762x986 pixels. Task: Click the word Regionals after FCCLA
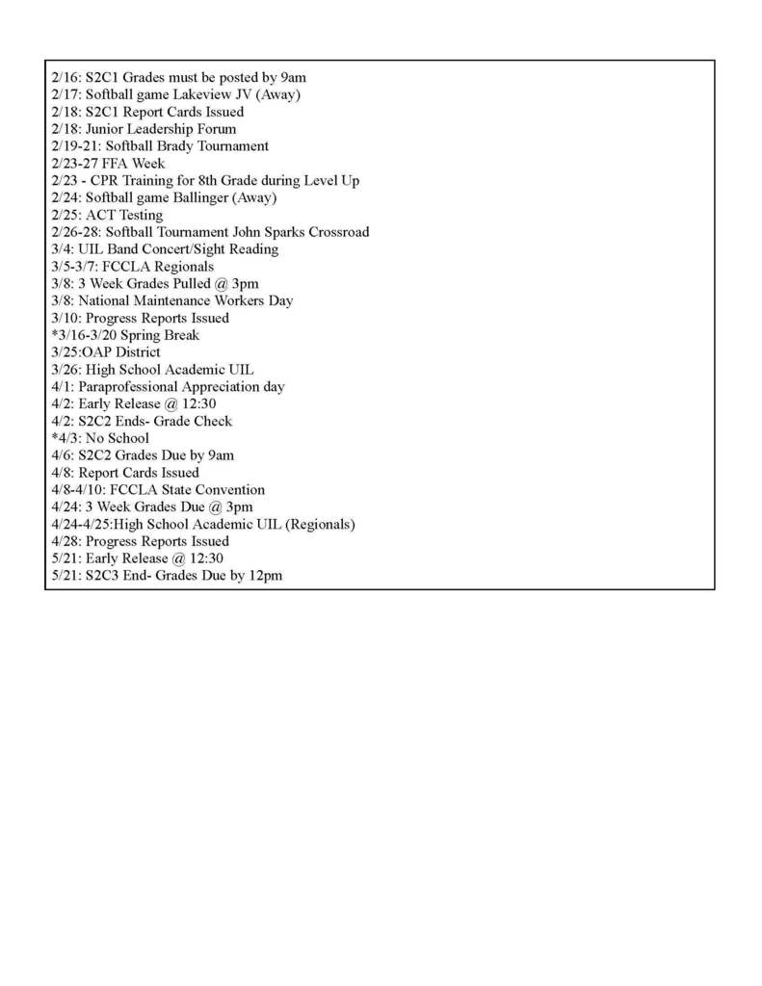pyautogui.click(x=182, y=267)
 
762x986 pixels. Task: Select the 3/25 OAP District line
pyautogui.click(x=106, y=352)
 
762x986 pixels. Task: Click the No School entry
pyautogui.click(x=116, y=438)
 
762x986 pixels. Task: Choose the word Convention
pyautogui.click(x=227, y=490)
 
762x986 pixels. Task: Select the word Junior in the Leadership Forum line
pyautogui.click(x=106, y=129)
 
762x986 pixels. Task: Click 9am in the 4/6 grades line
pyautogui.click(x=217, y=455)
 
